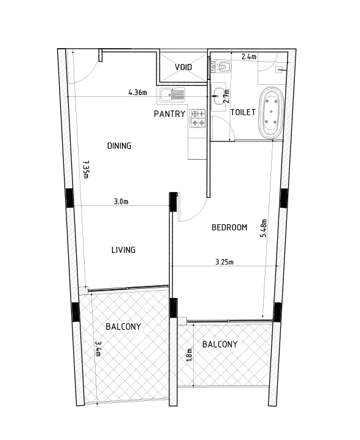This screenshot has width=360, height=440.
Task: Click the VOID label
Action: coord(183,67)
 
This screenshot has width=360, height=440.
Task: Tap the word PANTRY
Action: coord(169,113)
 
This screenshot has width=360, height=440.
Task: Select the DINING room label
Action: coord(119,146)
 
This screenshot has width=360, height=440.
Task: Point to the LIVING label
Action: coord(124,250)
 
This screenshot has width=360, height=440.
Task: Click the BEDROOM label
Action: coord(230,227)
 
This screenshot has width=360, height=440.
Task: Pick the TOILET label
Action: coord(243,112)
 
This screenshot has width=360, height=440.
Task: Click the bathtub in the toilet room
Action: coord(271,113)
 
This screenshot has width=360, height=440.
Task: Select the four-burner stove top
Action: coord(198,118)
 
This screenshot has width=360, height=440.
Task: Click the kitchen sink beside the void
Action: coord(172,94)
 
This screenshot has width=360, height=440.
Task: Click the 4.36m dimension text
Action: coord(138,92)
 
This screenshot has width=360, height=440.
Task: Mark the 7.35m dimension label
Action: coord(86,169)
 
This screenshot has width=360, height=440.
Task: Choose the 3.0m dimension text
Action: coord(121,201)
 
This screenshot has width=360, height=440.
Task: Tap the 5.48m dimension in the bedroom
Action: coord(264,228)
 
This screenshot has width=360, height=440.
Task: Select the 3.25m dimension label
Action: coord(224,262)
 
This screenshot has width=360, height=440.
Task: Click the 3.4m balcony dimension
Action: coord(98,349)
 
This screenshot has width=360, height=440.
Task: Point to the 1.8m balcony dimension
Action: coord(189,355)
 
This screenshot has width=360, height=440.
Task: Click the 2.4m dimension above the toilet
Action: coord(249,57)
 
